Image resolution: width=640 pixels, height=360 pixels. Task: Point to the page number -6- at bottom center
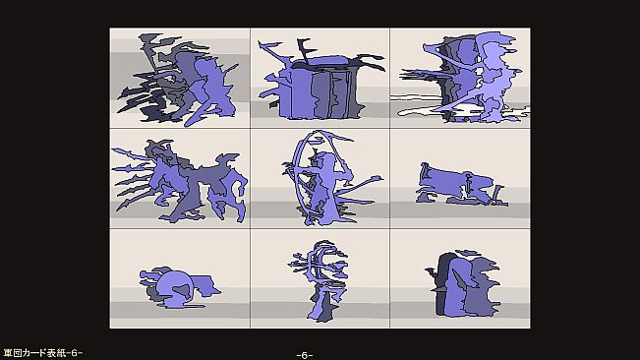coord(305,355)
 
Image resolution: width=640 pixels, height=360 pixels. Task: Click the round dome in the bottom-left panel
coord(176,289)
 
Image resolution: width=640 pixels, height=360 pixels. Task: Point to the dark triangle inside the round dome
coord(183,289)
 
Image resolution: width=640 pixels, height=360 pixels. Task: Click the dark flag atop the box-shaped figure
coord(306,50)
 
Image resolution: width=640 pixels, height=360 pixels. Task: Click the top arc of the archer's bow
coord(322,135)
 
